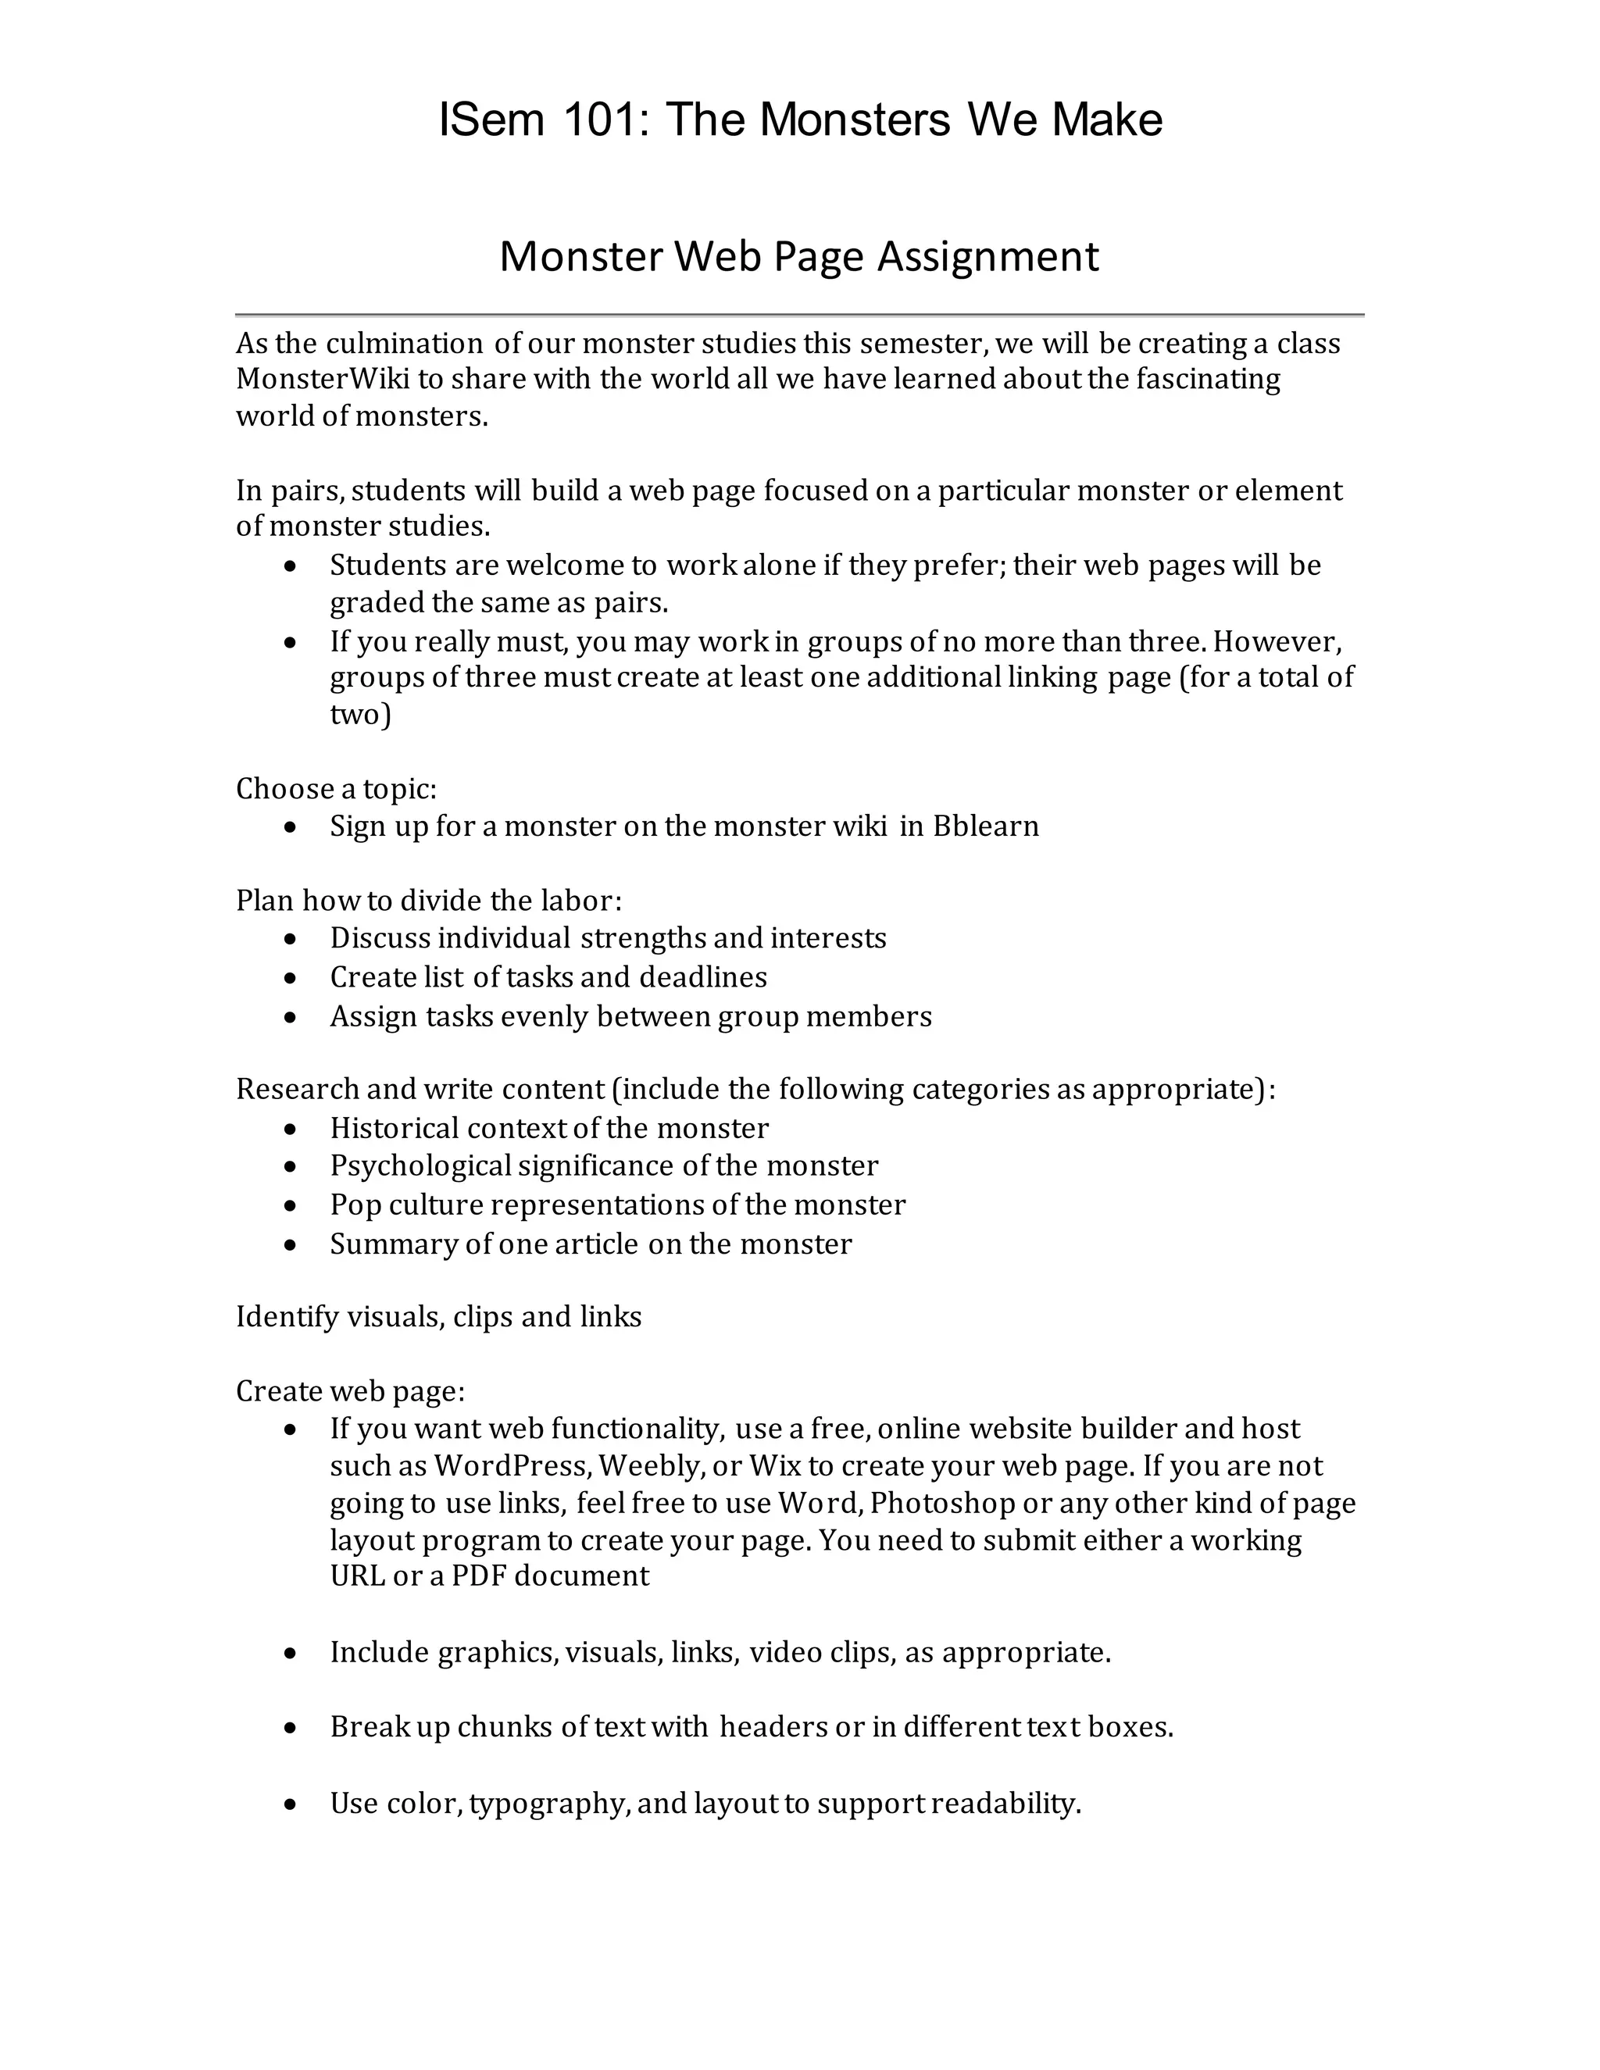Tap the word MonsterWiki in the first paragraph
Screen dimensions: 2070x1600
pyautogui.click(x=323, y=379)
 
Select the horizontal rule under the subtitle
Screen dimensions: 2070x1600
pyautogui.click(x=799, y=314)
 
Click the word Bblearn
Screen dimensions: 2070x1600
pyautogui.click(x=986, y=826)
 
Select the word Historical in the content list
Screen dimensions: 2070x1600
pyautogui.click(x=394, y=1128)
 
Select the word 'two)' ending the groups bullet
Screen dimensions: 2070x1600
pyautogui.click(x=360, y=714)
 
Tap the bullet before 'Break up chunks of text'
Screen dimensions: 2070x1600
pyautogui.click(x=292, y=1729)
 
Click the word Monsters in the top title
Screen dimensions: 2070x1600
pyautogui.click(x=854, y=120)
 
